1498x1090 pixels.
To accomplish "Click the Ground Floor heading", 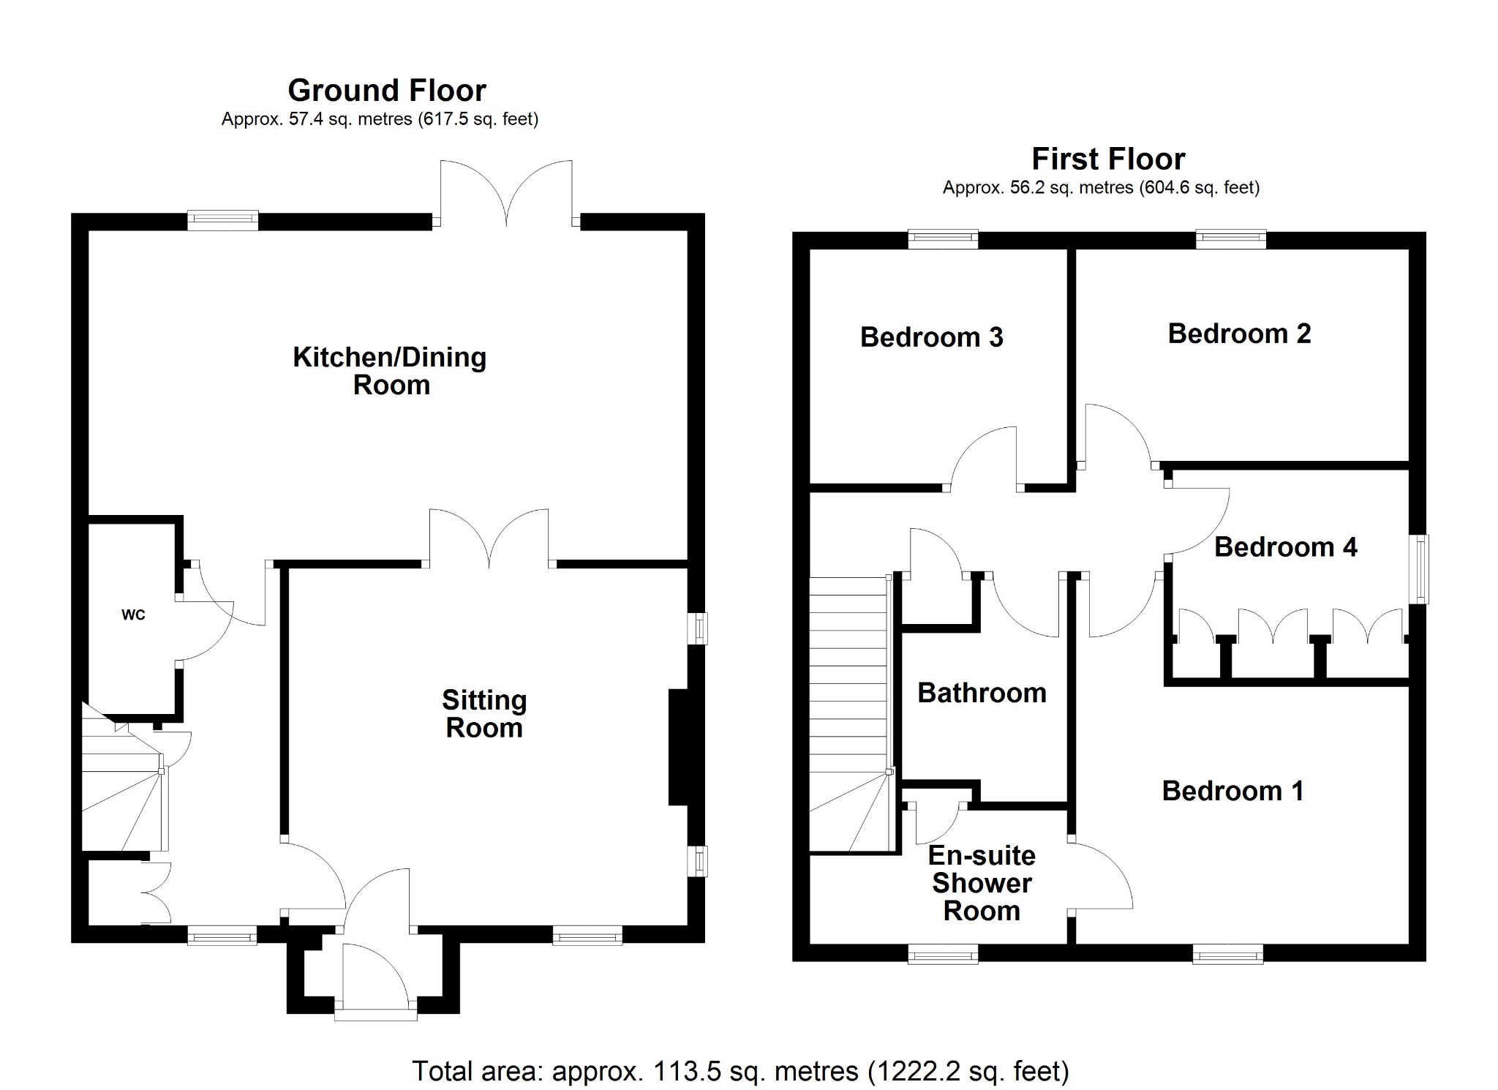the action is coord(387,91).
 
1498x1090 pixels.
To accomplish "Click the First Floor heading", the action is coord(1108,159).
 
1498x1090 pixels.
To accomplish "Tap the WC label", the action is coord(133,615).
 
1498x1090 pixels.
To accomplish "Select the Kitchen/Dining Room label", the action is coord(390,371).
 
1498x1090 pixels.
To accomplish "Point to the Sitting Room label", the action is coord(484,714).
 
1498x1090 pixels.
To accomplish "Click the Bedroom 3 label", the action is coord(932,337).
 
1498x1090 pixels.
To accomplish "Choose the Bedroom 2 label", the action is coord(1239,334).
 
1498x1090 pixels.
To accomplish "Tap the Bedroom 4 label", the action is coord(1286,547).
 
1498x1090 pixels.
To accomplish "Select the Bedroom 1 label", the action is coord(1233,791).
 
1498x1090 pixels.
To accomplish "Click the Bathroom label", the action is coord(982,693).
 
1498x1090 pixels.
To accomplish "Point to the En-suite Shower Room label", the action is coord(982,883).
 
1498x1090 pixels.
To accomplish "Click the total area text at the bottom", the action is coord(741,1072).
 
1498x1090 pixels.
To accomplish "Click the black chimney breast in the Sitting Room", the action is coord(679,747).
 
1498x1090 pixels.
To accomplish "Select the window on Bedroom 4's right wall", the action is coord(1420,569).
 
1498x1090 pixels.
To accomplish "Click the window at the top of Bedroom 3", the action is coord(943,239).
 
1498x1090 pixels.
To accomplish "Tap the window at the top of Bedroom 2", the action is coord(1231,239).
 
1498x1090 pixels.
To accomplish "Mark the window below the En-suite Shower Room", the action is coord(943,953).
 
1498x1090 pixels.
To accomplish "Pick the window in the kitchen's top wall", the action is coord(223,220).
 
